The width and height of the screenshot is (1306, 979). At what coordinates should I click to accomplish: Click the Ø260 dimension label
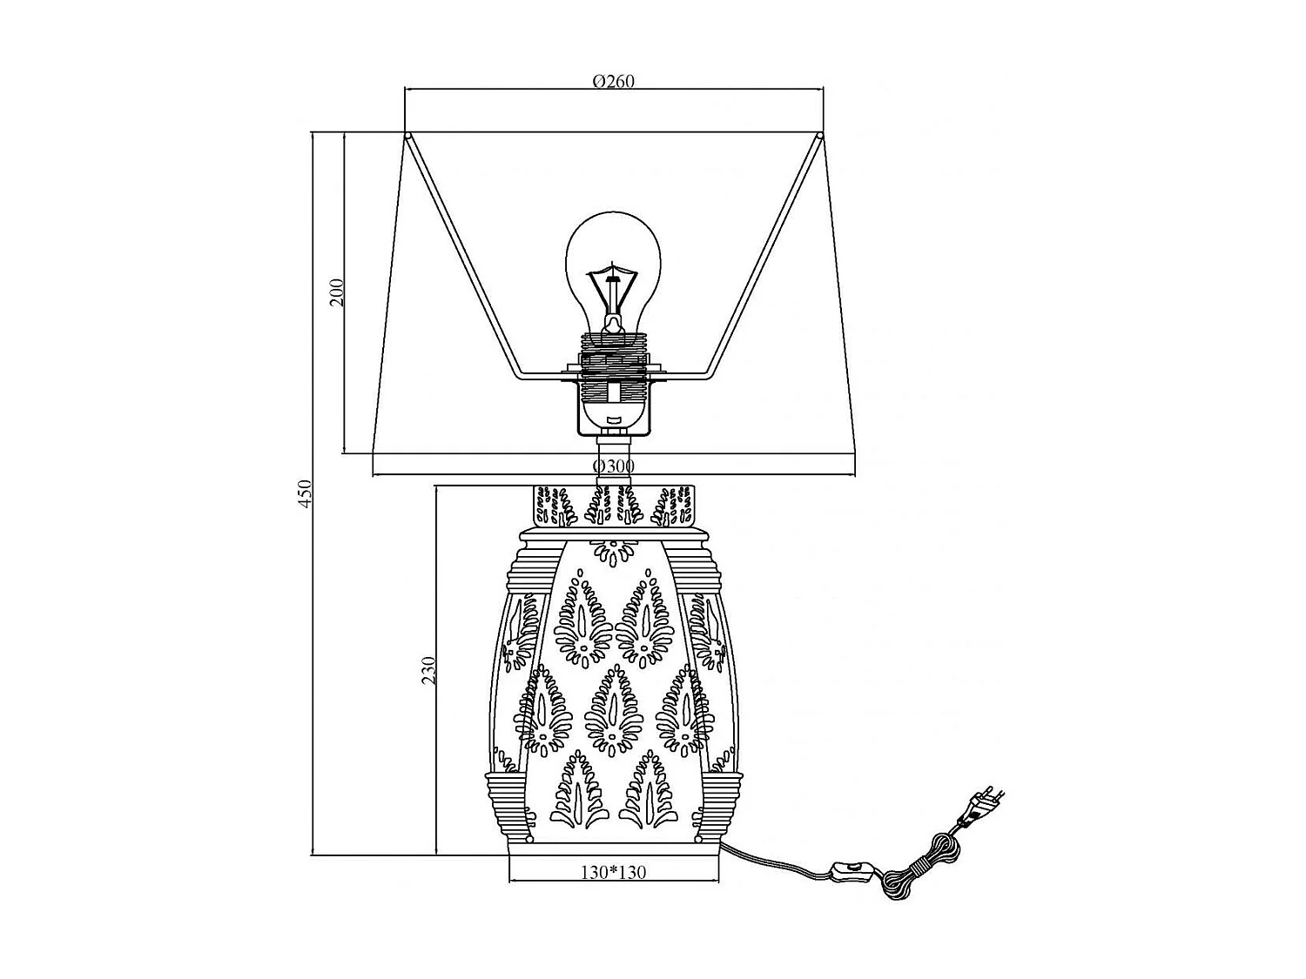click(x=614, y=81)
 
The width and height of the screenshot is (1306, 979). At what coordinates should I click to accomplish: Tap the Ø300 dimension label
click(x=614, y=466)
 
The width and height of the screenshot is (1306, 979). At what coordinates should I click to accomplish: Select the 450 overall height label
click(x=304, y=493)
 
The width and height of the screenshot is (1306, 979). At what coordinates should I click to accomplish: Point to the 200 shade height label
click(x=337, y=292)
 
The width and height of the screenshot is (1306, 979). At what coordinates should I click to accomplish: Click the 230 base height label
click(x=428, y=670)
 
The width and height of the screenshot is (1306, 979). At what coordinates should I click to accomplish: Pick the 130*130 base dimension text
click(x=614, y=872)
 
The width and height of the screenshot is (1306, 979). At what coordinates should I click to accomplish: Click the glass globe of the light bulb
click(x=614, y=261)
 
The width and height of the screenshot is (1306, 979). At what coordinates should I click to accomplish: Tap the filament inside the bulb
click(x=614, y=287)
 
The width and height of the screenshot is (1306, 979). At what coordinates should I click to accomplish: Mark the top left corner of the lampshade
click(x=407, y=135)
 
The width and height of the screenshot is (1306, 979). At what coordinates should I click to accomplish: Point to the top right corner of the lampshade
click(x=821, y=135)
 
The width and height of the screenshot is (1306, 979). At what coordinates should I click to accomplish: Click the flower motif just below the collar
click(x=614, y=550)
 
